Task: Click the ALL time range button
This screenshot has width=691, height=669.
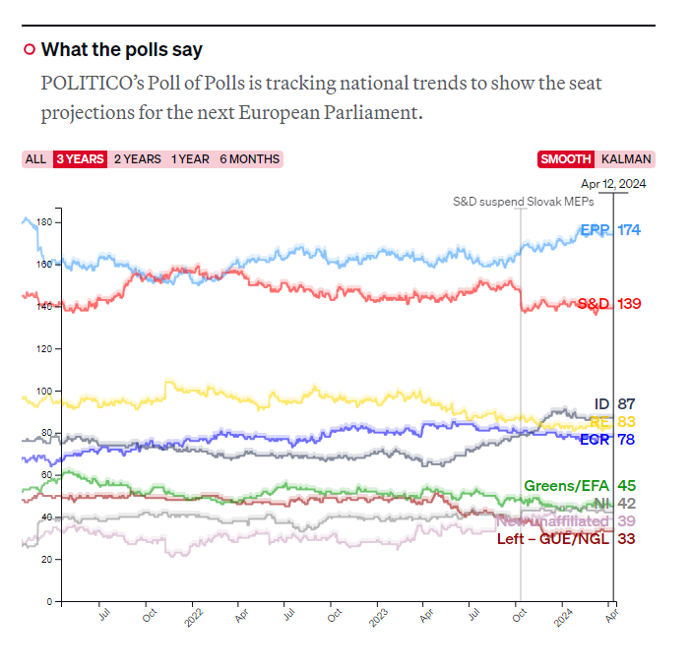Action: (x=35, y=159)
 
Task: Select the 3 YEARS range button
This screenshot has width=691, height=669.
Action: (x=80, y=159)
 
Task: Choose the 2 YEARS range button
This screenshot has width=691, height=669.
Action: (x=138, y=159)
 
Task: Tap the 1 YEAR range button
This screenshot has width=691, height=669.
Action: (x=190, y=159)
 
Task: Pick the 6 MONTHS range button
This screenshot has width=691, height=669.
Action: (x=249, y=159)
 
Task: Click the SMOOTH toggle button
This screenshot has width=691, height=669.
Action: (x=566, y=159)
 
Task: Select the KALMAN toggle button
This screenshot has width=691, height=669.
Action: (x=625, y=159)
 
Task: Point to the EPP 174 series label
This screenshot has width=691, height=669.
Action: (x=610, y=230)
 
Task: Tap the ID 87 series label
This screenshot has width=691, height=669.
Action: (x=614, y=403)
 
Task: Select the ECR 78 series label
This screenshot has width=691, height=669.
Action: (x=609, y=439)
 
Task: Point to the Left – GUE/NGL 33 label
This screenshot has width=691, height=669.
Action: (x=567, y=538)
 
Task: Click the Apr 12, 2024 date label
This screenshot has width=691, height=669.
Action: (x=613, y=184)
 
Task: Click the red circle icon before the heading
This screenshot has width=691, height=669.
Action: (x=30, y=50)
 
